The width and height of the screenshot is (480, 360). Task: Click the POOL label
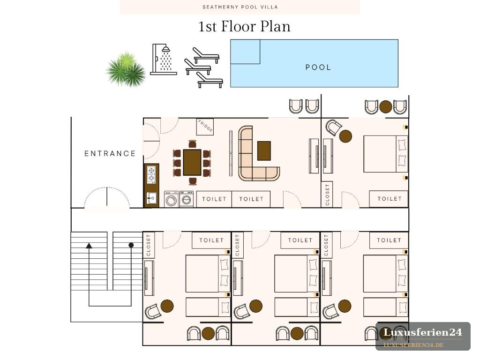318,67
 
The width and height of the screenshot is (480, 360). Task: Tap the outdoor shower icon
163,59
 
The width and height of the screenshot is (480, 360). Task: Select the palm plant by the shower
126,69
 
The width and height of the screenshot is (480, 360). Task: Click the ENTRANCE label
110,153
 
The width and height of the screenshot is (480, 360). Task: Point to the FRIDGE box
205,127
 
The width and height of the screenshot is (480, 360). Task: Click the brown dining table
192,162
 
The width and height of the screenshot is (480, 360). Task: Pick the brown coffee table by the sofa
264,150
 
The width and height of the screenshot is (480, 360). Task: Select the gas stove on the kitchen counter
151,174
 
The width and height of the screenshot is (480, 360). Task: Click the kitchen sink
151,198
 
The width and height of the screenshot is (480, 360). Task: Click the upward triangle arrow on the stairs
89,246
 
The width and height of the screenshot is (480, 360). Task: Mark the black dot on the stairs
131,245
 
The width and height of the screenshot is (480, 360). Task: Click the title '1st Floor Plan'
244,26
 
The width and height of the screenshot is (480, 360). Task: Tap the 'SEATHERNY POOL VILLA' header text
240,7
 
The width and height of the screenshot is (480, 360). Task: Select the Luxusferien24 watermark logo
423,336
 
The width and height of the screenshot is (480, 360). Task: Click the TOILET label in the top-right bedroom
390,199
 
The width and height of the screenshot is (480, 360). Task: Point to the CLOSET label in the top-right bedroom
327,195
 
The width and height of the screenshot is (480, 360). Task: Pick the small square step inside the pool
245,52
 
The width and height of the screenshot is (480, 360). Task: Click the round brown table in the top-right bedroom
345,136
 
